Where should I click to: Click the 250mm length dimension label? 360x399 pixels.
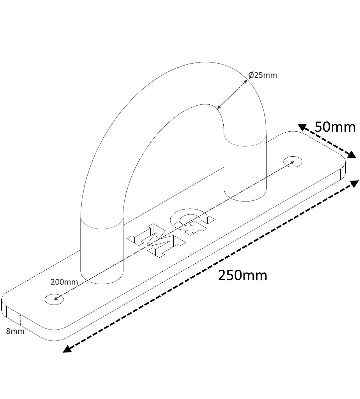pyautogui.click(x=243, y=276)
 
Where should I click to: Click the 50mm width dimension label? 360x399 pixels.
pyautogui.click(x=335, y=127)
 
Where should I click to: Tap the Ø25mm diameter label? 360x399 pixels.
pyautogui.click(x=263, y=75)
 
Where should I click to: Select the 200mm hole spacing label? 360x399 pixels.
pyautogui.click(x=64, y=282)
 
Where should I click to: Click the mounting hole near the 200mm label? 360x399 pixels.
pyautogui.click(x=54, y=305)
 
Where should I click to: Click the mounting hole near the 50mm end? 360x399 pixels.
pyautogui.click(x=293, y=162)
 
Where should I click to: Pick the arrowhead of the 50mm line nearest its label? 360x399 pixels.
pyautogui.click(x=302, y=127)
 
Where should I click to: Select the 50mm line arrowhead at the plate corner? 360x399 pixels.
pyautogui.click(x=352, y=155)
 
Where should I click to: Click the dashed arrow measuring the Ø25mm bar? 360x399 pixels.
pyautogui.click(x=232, y=94)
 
